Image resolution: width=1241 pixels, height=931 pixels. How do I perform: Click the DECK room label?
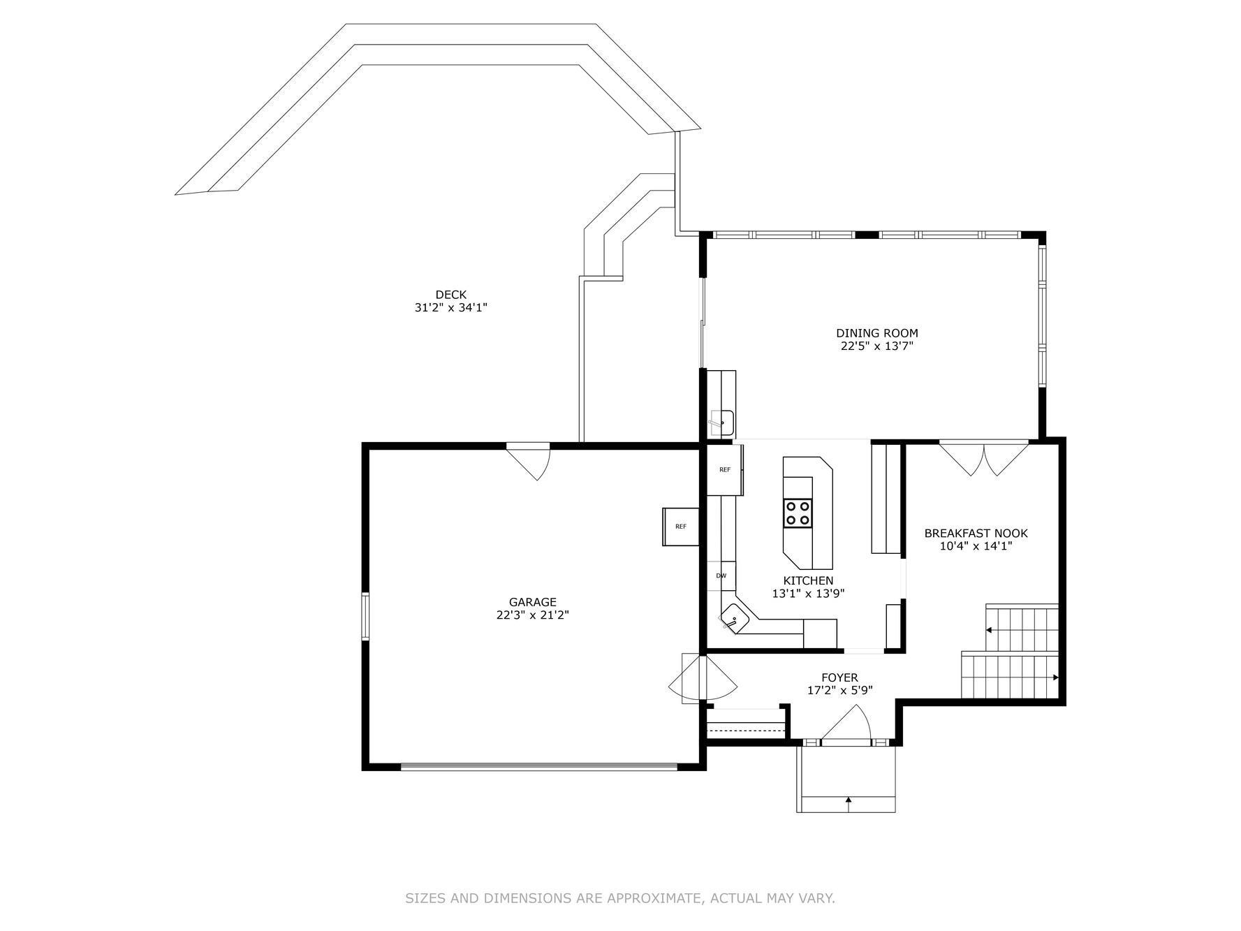[450, 295]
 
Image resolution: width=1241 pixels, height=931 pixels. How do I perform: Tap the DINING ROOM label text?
[877, 333]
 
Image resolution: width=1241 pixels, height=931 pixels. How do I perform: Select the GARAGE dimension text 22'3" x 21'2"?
[533, 615]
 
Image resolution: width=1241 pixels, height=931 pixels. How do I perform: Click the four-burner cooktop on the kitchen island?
[798, 513]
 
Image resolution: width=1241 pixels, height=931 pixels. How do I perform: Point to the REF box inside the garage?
[680, 526]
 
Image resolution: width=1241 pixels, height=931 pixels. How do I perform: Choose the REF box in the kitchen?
[725, 469]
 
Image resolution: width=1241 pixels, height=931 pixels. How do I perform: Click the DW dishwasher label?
[721, 576]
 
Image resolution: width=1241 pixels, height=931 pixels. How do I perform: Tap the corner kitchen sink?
[734, 617]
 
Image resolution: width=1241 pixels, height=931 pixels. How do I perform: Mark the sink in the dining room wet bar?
[721, 422]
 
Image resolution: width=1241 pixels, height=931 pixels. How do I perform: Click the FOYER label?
[839, 677]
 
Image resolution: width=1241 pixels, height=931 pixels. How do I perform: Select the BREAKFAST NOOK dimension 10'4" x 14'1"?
[976, 546]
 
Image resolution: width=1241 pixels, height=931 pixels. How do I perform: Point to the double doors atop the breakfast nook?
[984, 458]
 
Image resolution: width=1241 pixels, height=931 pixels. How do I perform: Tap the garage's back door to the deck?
[529, 462]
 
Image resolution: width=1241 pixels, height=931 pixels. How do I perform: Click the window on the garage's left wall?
[365, 615]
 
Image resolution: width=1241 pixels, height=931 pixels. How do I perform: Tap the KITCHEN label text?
[808, 581]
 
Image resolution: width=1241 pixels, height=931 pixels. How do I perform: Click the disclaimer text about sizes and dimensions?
[620, 898]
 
